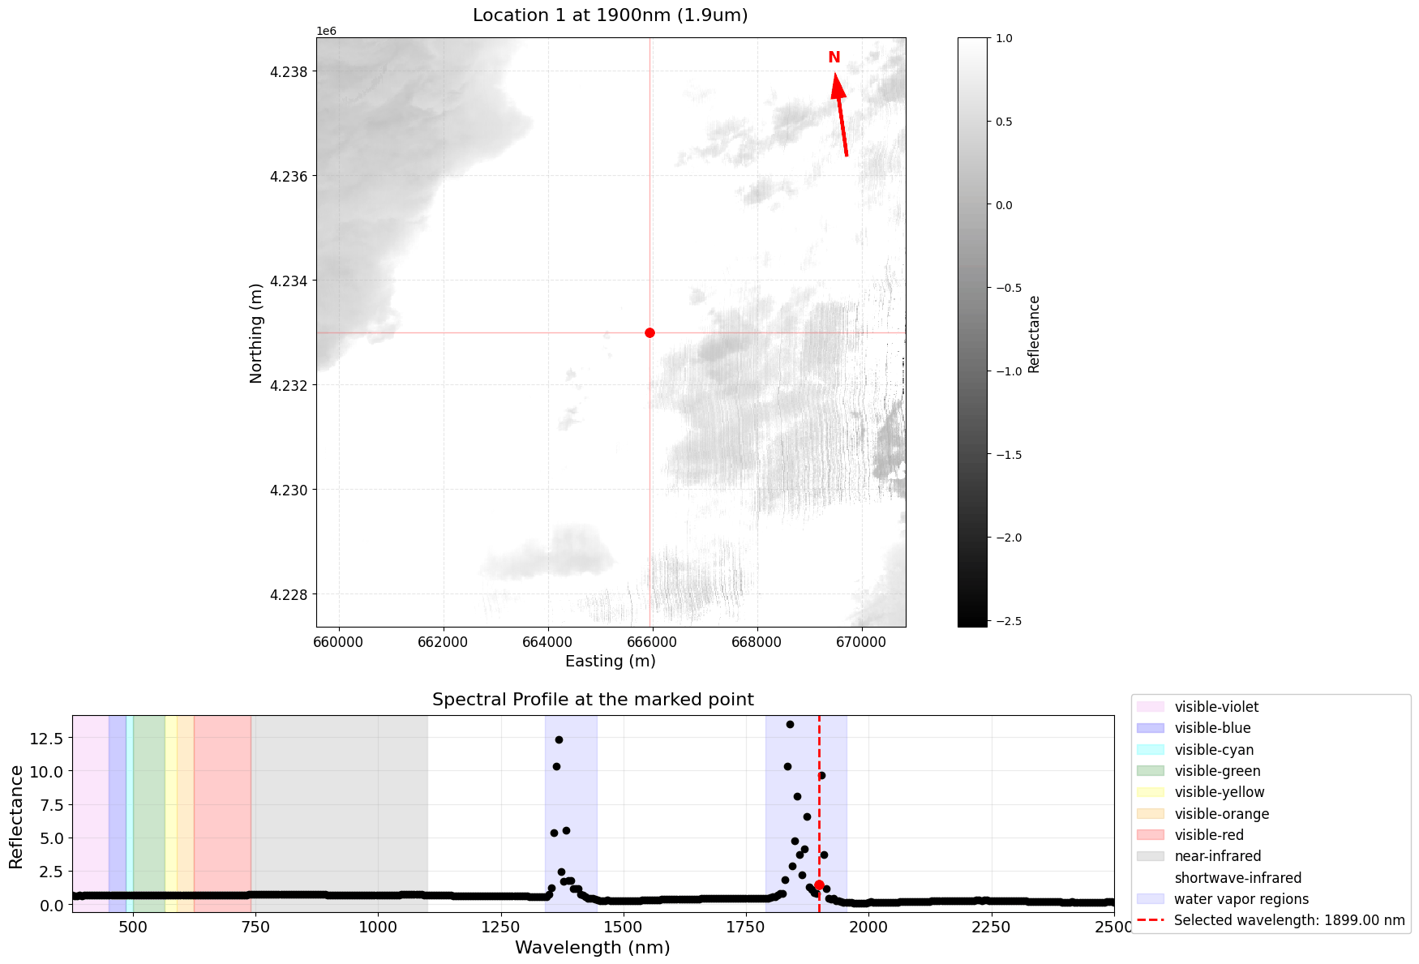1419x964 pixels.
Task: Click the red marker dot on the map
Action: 649,332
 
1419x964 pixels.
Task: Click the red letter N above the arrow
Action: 834,58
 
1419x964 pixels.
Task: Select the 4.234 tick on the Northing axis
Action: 289,281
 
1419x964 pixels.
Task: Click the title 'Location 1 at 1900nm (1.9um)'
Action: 610,15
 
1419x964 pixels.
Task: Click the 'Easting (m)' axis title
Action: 610,661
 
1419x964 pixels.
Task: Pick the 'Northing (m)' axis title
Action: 256,332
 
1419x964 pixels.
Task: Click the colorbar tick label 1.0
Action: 1004,38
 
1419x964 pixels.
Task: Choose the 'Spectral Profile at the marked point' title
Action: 593,700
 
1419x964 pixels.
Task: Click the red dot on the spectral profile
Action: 819,885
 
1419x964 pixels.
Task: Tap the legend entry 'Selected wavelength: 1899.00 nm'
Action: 1289,920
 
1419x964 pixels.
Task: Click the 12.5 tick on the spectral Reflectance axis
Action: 46,738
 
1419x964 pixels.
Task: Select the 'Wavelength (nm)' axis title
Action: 593,947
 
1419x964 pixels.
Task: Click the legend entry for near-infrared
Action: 1217,856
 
